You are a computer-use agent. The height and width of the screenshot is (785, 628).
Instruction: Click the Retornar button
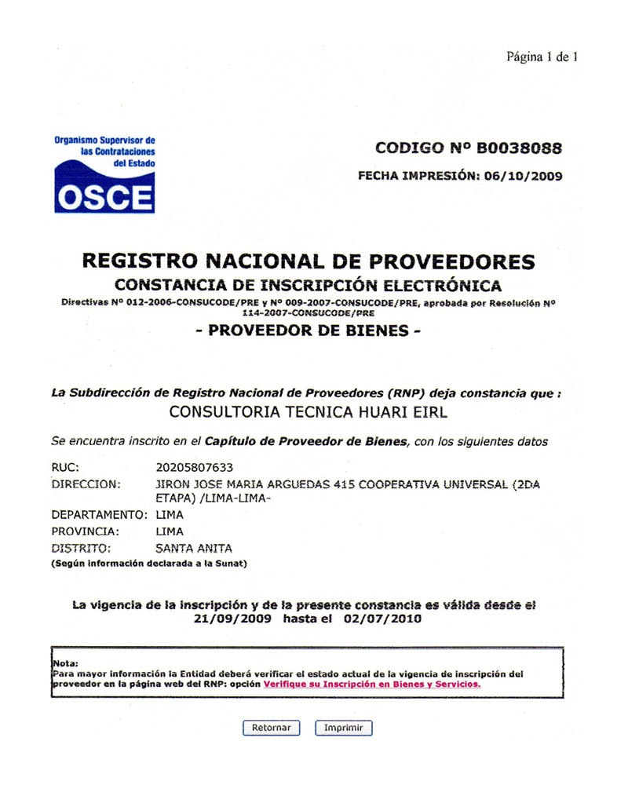tap(271, 728)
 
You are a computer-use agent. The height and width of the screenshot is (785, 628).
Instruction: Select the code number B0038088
tap(519, 148)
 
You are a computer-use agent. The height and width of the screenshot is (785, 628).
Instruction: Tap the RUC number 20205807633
tap(195, 468)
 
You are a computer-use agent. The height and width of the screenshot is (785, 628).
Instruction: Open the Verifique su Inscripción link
tap(372, 684)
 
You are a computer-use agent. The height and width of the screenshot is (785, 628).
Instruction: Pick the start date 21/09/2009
tap(232, 619)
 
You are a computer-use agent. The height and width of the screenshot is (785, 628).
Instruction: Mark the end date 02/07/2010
tap(383, 619)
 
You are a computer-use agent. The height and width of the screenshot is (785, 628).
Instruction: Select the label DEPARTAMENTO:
tap(100, 515)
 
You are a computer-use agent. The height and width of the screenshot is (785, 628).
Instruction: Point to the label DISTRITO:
tap(82, 548)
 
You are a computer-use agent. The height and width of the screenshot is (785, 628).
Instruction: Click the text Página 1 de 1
tap(542, 57)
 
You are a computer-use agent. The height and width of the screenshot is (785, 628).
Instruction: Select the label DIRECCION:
tap(86, 484)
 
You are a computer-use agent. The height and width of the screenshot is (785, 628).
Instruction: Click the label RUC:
tap(65, 468)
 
